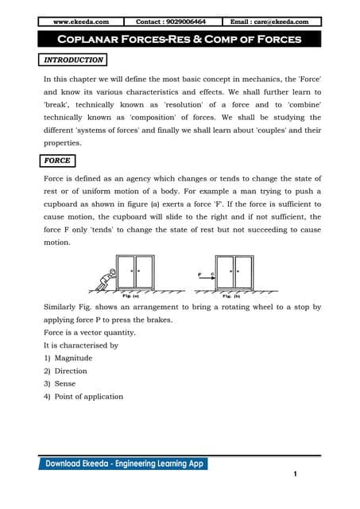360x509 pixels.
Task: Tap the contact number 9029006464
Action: (x=171, y=21)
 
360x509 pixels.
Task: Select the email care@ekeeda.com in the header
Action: (x=270, y=21)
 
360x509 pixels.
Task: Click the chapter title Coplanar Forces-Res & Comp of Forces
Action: (x=180, y=40)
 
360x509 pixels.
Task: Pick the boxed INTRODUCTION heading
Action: (x=72, y=60)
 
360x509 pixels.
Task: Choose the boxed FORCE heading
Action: (x=57, y=160)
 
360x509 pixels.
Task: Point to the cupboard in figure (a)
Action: (x=136, y=271)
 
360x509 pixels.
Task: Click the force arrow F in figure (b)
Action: (x=204, y=279)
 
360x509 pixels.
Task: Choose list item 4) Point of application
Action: (x=83, y=396)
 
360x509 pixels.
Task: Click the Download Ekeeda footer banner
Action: (x=123, y=463)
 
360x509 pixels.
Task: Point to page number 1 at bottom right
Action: (x=295, y=475)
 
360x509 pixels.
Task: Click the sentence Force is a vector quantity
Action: (x=89, y=333)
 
